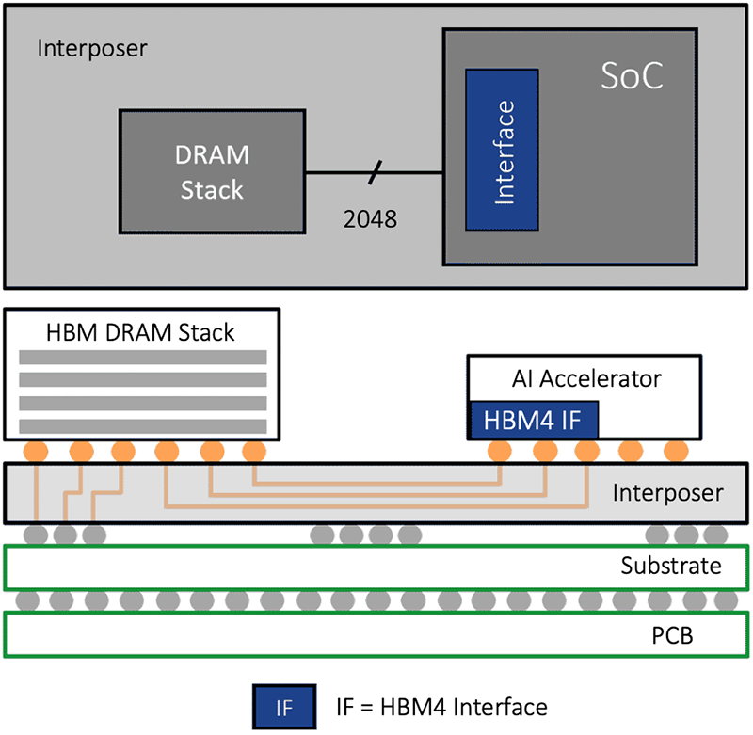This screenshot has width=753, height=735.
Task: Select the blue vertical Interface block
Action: pyautogui.click(x=503, y=149)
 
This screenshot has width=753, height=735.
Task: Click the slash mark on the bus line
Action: pyautogui.click(x=376, y=172)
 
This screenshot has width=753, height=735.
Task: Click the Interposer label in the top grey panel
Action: pyautogui.click(x=92, y=47)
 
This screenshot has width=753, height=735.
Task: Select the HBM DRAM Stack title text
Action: pyautogui.click(x=139, y=331)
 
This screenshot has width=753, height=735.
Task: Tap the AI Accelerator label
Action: pyautogui.click(x=585, y=379)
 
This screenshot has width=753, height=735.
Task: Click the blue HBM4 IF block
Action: pyautogui.click(x=534, y=420)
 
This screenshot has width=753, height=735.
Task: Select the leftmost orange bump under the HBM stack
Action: pyautogui.click(x=37, y=451)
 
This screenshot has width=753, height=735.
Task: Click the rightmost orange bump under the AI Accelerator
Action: pyautogui.click(x=675, y=451)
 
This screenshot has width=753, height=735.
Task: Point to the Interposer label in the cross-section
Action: pyautogui.click(x=667, y=492)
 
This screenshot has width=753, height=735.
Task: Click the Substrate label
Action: pyautogui.click(x=670, y=566)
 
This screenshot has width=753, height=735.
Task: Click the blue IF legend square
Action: pyautogui.click(x=286, y=705)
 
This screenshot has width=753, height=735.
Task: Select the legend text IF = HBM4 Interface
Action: pyautogui.click(x=441, y=705)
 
